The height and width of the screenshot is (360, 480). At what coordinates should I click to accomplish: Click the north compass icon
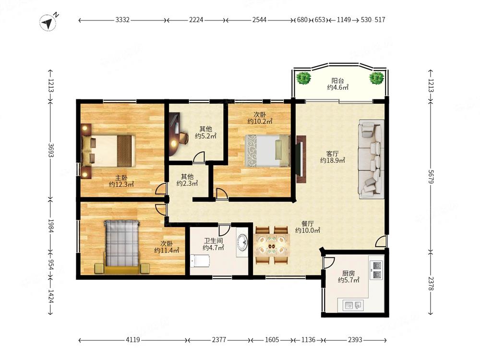(x=48, y=23)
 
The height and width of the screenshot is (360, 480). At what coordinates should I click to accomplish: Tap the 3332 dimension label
(x=122, y=20)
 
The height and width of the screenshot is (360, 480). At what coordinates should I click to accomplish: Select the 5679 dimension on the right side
(x=431, y=177)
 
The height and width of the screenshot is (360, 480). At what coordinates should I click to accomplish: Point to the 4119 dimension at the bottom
(x=133, y=340)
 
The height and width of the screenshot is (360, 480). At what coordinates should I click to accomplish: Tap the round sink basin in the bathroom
(x=242, y=242)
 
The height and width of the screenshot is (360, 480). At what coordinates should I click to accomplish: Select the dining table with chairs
(x=272, y=245)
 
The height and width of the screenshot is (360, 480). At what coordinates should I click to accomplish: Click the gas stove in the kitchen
(x=376, y=270)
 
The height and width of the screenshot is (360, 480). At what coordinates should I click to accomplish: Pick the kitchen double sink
(x=353, y=305)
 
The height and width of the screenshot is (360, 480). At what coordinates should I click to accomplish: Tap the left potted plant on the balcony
(x=304, y=78)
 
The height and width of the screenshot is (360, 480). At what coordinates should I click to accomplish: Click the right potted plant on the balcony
(x=376, y=78)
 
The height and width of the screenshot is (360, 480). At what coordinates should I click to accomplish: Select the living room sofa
(x=372, y=159)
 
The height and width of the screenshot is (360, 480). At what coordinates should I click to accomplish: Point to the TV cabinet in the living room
(x=301, y=159)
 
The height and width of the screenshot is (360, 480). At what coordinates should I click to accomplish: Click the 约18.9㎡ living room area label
(x=333, y=160)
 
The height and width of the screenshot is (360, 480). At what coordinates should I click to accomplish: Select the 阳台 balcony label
(x=337, y=81)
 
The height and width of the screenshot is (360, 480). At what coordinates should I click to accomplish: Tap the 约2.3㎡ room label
(x=187, y=183)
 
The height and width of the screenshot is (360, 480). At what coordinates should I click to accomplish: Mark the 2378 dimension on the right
(x=431, y=284)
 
